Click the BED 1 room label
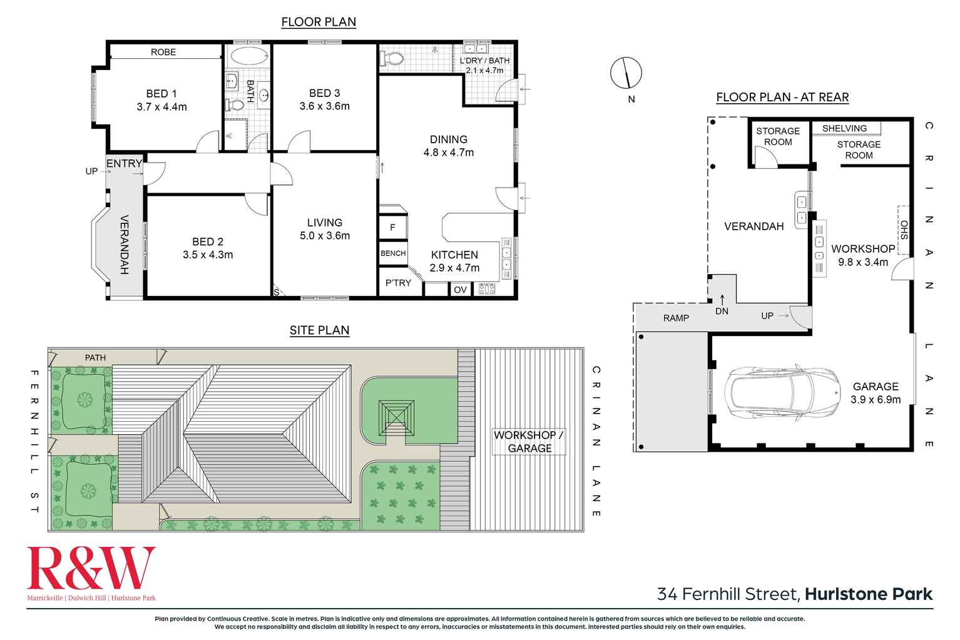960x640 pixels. tap(161, 94)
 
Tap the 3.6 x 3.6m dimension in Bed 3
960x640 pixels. tap(324, 106)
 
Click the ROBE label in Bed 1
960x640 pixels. tap(163, 52)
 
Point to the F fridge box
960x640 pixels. tap(392, 227)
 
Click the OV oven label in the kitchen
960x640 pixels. tap(460, 290)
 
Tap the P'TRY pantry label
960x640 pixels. tap(398, 283)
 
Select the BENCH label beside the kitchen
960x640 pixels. tap(393, 253)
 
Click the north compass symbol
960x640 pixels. tap(626, 73)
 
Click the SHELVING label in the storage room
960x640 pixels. tap(844, 128)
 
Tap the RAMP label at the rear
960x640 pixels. tap(676, 318)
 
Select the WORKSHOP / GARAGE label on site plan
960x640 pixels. tap(529, 442)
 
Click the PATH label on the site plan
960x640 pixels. tap(95, 357)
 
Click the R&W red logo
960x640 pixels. tap(91, 568)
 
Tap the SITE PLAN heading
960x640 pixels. tap(319, 330)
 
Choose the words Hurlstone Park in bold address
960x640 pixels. tap(869, 594)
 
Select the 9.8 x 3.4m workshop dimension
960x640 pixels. tap(863, 262)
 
